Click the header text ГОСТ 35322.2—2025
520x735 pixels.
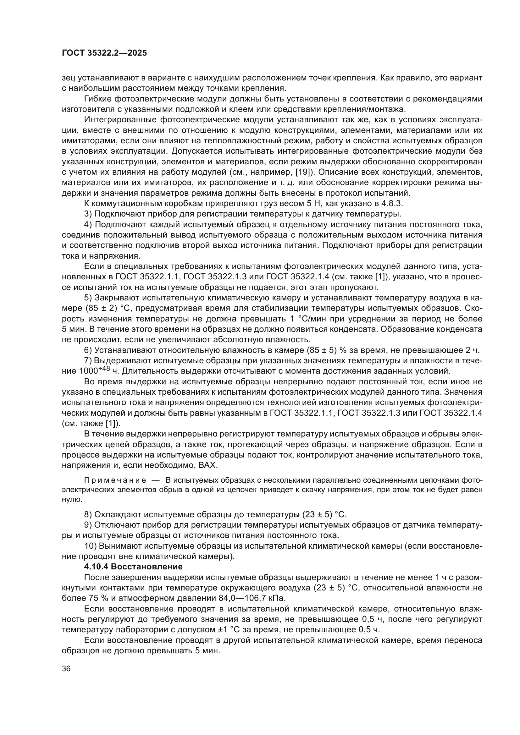[104, 53]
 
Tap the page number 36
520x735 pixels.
[66, 669]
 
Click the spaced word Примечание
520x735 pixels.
[115, 480]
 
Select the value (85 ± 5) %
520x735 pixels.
[328, 350]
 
